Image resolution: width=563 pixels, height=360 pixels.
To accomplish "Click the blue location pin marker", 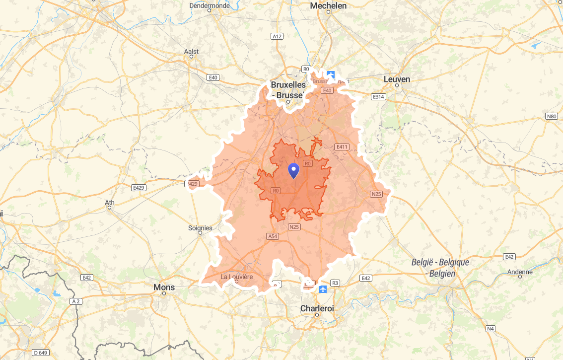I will pos(294,170).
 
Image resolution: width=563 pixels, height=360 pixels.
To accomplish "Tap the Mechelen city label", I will pos(328,5).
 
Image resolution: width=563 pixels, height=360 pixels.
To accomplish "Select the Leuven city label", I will pos(397,79).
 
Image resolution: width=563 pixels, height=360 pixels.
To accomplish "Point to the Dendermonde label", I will pos(210,5).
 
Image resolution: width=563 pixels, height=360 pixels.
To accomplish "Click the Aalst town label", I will pos(191,51).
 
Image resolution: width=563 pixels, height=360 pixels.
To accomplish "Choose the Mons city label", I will pos(164,287).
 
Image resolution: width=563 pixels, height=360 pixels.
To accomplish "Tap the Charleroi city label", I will pos(317,308).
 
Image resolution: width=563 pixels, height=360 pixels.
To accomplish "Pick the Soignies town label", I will pos(200,228).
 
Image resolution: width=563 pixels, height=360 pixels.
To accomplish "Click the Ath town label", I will pos(110,202).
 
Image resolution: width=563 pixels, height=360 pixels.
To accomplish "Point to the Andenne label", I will pos(520,272).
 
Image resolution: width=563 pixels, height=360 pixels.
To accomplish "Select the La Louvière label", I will pos(237,276).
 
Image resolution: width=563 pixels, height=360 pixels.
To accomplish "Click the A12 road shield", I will pos(277,36).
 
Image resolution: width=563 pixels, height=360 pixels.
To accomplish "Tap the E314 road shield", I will pos(378,96).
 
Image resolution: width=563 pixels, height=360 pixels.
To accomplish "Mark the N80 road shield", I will pos(551,116).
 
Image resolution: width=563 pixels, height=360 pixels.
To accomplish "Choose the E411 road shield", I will pos(342,146).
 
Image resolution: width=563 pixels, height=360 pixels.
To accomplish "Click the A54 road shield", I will pos(273,236).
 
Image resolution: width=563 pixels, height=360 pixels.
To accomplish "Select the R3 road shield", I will pos(335,283).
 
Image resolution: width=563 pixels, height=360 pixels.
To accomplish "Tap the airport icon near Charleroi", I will pos(324,288).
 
